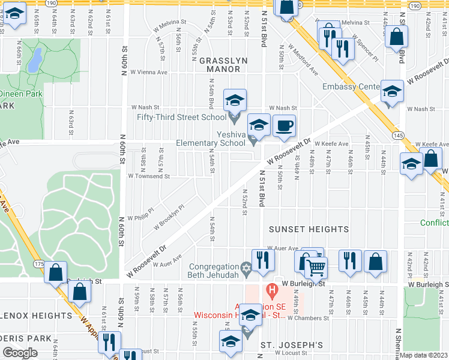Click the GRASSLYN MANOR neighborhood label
[220, 65]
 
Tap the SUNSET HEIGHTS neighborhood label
[309, 229]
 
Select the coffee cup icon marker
[284, 127]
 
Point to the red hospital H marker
[272, 293]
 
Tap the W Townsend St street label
[149, 176]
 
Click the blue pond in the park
[35, 58]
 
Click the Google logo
[20, 353]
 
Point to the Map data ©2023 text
[423, 355]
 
